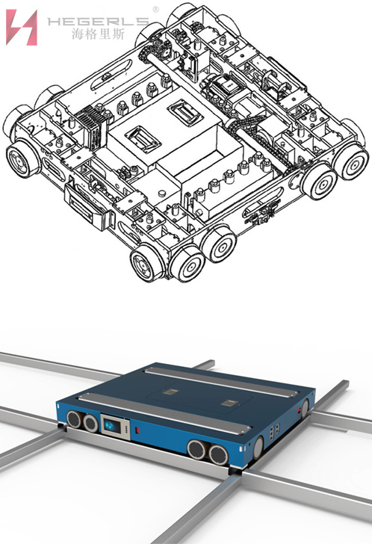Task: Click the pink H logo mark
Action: tap(22, 28)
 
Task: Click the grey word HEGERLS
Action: tap(98, 22)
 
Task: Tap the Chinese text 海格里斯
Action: tap(98, 34)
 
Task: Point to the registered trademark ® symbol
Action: tap(155, 10)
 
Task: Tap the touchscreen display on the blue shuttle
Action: tap(115, 426)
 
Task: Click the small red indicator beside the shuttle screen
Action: tap(137, 430)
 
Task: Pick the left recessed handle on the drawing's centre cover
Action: tap(143, 140)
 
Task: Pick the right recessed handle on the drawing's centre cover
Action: tap(185, 114)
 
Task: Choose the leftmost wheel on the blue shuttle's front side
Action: tap(73, 419)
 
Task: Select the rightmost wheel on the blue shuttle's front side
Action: tap(218, 456)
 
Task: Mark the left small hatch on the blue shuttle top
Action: tap(170, 392)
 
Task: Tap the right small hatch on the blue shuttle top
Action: tap(229, 403)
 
